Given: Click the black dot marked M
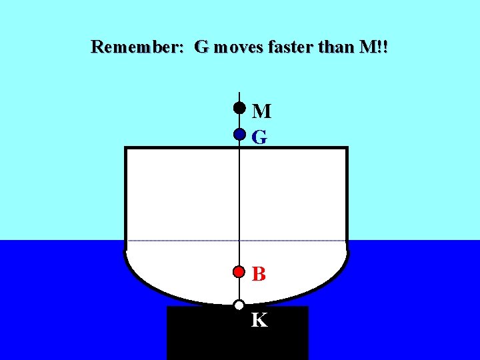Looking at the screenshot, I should [239, 107].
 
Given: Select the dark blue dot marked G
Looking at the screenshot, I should [239, 135].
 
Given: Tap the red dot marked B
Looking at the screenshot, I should [239, 271].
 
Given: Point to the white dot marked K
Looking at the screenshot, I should [239, 305].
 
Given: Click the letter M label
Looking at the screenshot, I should [261, 111].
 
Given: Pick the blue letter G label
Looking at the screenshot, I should [260, 137].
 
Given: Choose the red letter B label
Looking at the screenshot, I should [259, 274].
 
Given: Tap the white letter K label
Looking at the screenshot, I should [259, 321].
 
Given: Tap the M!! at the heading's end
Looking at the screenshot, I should [373, 47].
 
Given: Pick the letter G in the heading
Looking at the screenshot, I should [201, 47].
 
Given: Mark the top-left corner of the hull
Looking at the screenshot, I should [126, 148].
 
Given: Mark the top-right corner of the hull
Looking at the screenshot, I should [347, 148].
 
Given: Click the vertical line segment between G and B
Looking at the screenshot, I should [239, 200].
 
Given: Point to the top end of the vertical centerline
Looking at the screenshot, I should [239, 92].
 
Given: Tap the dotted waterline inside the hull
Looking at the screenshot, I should [180, 240].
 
